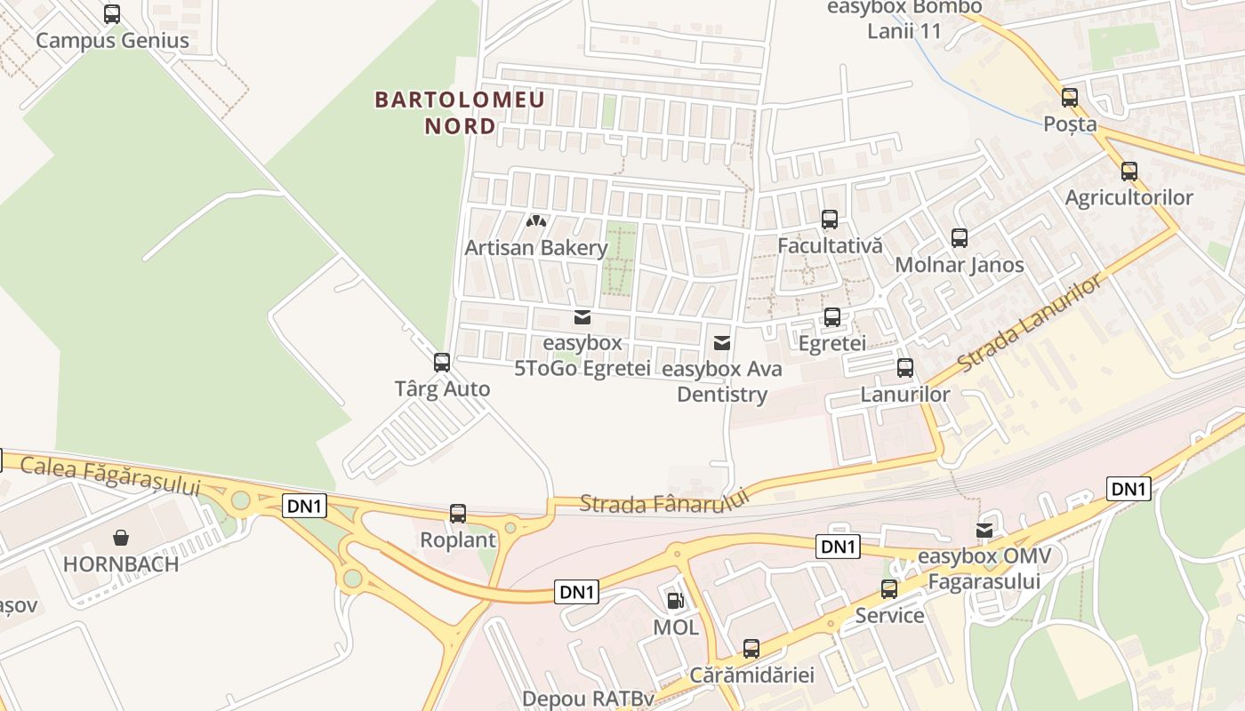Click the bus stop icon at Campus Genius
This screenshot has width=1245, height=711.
[x=111, y=14]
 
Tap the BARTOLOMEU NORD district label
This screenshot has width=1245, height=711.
[x=459, y=112]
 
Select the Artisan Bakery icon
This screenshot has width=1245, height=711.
[x=536, y=220]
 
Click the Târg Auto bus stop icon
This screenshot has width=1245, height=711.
[x=441, y=362]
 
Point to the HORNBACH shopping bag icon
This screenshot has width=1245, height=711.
[x=120, y=537]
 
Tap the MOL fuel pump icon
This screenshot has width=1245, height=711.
[x=676, y=601]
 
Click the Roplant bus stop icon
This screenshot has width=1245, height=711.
[x=457, y=513]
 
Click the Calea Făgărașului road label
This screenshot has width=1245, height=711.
[x=109, y=476]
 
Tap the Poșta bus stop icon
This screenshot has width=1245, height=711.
[x=1069, y=97]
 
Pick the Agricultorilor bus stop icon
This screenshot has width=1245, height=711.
[x=1129, y=171]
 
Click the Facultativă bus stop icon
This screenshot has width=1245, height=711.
[x=829, y=219]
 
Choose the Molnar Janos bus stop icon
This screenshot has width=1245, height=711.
[x=959, y=237]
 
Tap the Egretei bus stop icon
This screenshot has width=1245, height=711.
[x=831, y=316]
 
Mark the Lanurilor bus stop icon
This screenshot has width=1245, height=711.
[x=904, y=367]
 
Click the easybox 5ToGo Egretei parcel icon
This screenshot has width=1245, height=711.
[x=582, y=316]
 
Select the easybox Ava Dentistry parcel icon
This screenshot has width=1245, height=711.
[x=722, y=342]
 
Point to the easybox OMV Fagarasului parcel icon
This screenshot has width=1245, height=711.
[x=984, y=531]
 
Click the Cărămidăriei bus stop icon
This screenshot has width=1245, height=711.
[x=751, y=648]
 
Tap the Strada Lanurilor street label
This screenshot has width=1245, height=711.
[x=1032, y=324]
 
